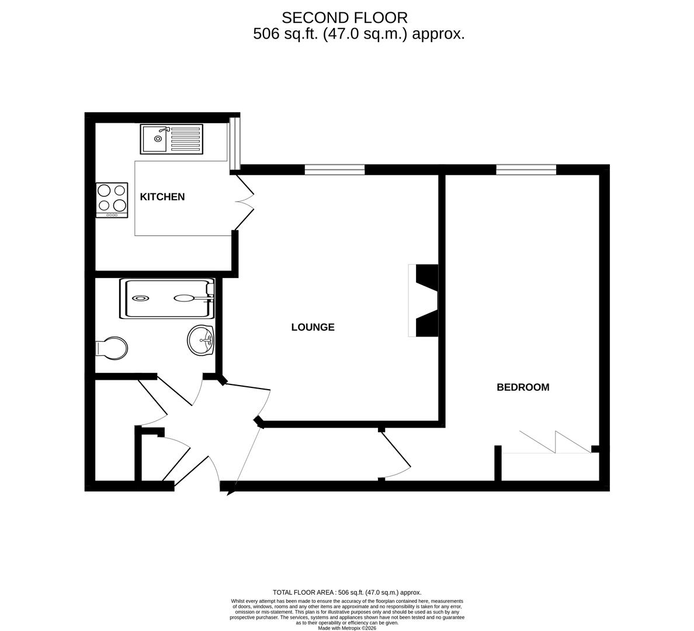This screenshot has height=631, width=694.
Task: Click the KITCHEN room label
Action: [x=162, y=197]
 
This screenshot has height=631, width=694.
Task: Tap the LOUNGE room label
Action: [x=313, y=327]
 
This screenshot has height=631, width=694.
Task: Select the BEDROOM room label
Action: [x=522, y=387]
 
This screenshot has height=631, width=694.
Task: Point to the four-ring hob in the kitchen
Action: [x=112, y=198]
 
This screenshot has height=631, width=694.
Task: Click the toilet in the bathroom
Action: [x=112, y=347]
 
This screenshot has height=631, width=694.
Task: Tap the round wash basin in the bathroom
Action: [x=201, y=339]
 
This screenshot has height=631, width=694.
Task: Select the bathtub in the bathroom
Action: [x=167, y=299]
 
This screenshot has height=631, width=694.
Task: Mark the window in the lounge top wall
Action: [x=335, y=169]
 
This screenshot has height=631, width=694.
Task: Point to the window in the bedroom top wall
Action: [x=526, y=169]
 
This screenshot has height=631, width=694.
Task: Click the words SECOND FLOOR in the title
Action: [x=345, y=18]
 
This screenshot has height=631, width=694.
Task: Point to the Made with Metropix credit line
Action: [x=347, y=628]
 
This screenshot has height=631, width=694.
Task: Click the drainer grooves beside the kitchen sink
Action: [x=185, y=139]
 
